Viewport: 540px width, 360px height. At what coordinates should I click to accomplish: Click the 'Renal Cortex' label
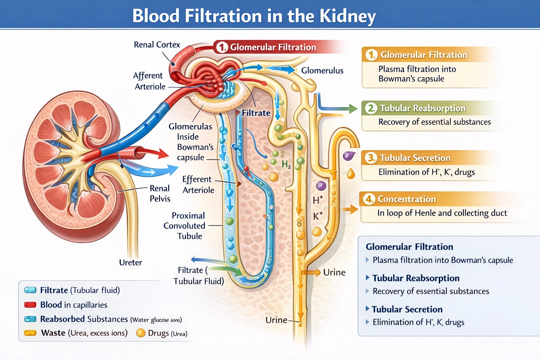click(x=157, y=45)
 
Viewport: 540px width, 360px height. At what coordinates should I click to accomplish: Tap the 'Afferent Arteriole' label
click(x=149, y=81)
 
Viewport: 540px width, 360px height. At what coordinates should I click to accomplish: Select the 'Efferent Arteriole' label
click(x=198, y=185)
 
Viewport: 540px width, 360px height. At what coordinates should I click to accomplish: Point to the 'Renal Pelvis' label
click(x=160, y=193)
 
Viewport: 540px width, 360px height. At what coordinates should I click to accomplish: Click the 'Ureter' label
click(x=130, y=263)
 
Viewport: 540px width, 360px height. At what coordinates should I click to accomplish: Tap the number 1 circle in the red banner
click(x=222, y=47)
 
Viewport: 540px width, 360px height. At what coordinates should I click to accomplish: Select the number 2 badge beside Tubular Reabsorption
click(x=371, y=108)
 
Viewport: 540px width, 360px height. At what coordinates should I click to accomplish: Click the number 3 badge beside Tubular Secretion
click(x=371, y=158)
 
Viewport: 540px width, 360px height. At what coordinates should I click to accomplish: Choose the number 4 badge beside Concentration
click(x=369, y=199)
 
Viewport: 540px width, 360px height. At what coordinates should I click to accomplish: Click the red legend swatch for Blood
click(x=30, y=305)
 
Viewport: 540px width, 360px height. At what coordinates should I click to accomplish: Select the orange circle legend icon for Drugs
click(x=141, y=333)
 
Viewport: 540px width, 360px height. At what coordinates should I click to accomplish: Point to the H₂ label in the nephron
click(x=286, y=164)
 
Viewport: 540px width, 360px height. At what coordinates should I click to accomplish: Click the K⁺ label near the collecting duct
click(x=317, y=216)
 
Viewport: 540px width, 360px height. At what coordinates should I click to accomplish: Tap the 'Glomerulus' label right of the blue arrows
click(x=322, y=71)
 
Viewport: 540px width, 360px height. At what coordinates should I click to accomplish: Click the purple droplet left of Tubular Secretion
click(x=349, y=156)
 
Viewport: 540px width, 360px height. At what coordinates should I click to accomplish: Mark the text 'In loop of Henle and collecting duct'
click(x=442, y=213)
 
